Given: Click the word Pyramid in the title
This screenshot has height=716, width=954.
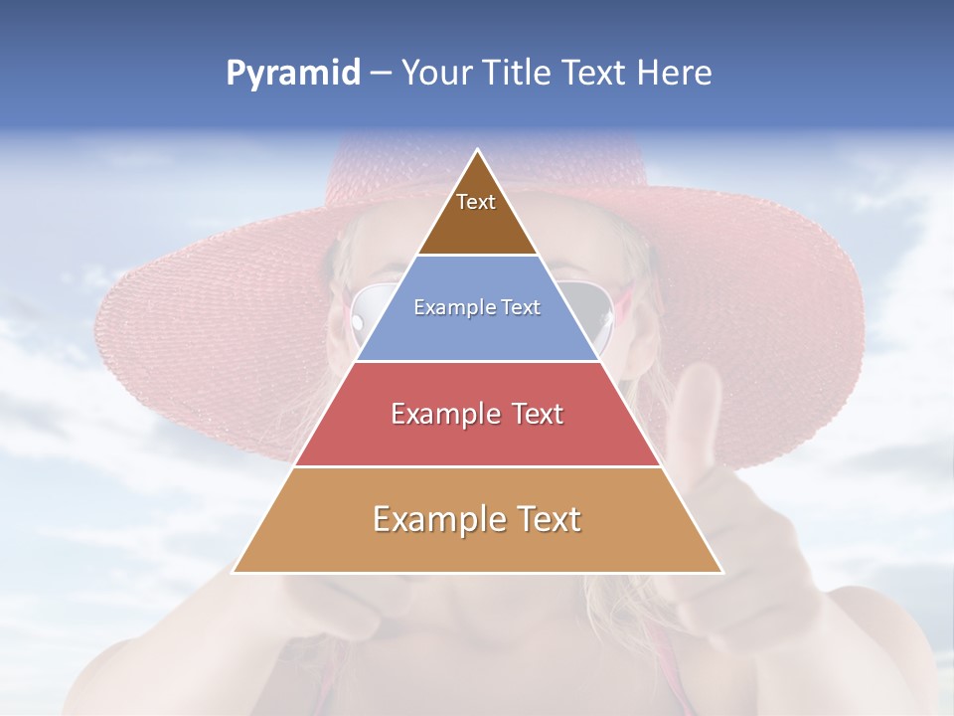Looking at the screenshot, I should (293, 74).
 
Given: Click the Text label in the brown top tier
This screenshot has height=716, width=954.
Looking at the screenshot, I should (476, 203).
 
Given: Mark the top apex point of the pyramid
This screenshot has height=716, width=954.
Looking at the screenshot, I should (478, 150).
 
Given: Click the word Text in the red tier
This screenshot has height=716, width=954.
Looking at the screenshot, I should (538, 414).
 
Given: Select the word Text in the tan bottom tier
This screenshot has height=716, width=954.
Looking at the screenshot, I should (548, 519).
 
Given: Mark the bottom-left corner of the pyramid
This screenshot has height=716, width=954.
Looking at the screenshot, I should (234, 572).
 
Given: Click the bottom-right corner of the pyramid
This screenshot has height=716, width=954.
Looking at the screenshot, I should (722, 572).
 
